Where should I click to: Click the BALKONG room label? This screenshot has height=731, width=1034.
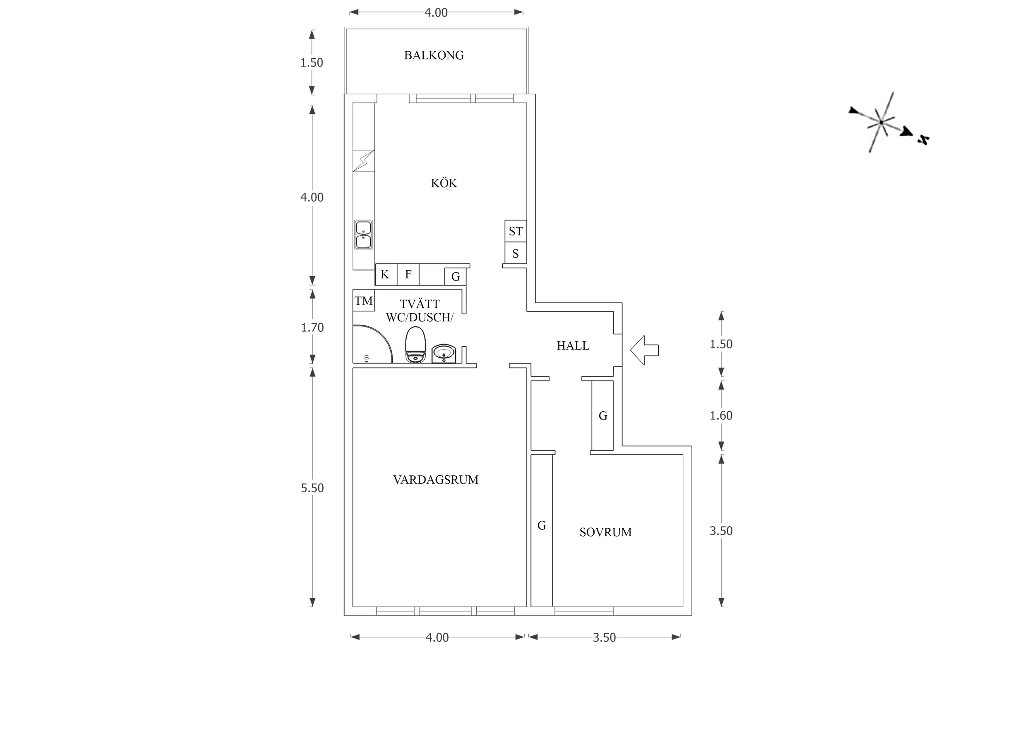[434, 55]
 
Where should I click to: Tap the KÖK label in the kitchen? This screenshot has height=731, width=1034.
[444, 183]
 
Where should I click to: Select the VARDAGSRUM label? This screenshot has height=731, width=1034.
[435, 479]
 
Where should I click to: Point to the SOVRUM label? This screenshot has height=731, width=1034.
[605, 532]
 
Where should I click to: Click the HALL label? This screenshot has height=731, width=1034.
[573, 345]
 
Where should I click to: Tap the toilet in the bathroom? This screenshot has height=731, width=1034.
[415, 345]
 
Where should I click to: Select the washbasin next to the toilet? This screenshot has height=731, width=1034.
[444, 354]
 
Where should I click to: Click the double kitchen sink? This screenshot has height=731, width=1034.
[363, 235]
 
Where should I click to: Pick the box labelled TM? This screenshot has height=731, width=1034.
[364, 300]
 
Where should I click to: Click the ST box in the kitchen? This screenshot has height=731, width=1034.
[516, 231]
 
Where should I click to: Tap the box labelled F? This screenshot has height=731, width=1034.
[408, 274]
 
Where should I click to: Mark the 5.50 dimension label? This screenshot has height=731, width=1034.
[312, 488]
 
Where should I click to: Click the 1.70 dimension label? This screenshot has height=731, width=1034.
[312, 328]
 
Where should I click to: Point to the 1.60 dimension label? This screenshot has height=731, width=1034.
[721, 416]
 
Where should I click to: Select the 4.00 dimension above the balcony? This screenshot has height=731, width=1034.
[436, 12]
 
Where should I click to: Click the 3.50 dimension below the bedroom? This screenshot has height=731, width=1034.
[604, 638]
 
